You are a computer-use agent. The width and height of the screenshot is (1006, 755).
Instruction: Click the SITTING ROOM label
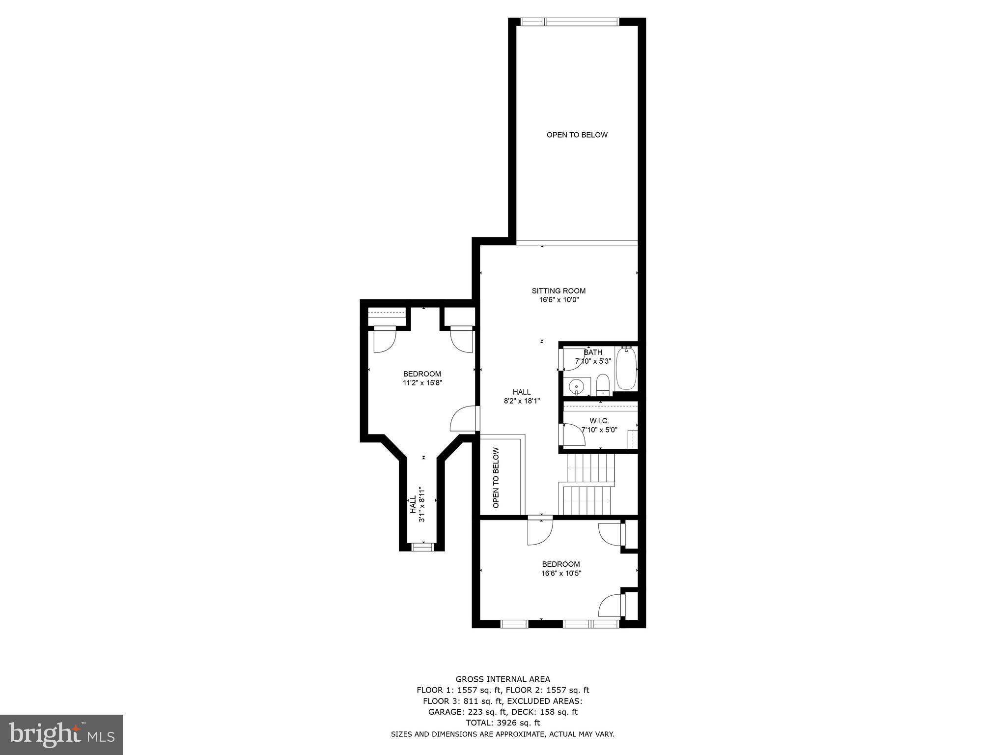tap(559, 290)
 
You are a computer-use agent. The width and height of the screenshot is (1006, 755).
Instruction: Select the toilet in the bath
tap(603, 384)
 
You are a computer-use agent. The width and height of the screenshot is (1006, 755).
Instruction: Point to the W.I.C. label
tap(599, 421)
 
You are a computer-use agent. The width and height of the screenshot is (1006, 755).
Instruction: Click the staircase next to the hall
tap(588, 484)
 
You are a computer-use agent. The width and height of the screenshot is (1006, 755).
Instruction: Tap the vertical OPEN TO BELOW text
tap(496, 477)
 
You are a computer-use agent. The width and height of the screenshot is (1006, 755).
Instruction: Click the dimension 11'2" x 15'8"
tap(422, 383)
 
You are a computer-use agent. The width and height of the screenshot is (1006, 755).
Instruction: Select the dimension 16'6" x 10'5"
tap(561, 573)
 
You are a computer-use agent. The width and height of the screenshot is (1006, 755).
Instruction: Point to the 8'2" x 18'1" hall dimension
tap(522, 401)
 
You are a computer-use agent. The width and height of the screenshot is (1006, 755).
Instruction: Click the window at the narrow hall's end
tap(422, 547)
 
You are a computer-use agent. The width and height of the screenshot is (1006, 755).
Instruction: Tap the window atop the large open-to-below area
tap(570, 22)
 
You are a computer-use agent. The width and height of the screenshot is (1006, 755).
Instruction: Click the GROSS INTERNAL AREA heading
tap(503, 679)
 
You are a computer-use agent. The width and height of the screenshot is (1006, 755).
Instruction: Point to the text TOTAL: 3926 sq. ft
tap(503, 723)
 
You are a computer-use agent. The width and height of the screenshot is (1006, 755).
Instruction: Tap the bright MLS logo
tap(61, 734)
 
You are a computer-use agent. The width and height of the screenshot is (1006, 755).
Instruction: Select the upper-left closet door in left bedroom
tap(385, 340)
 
